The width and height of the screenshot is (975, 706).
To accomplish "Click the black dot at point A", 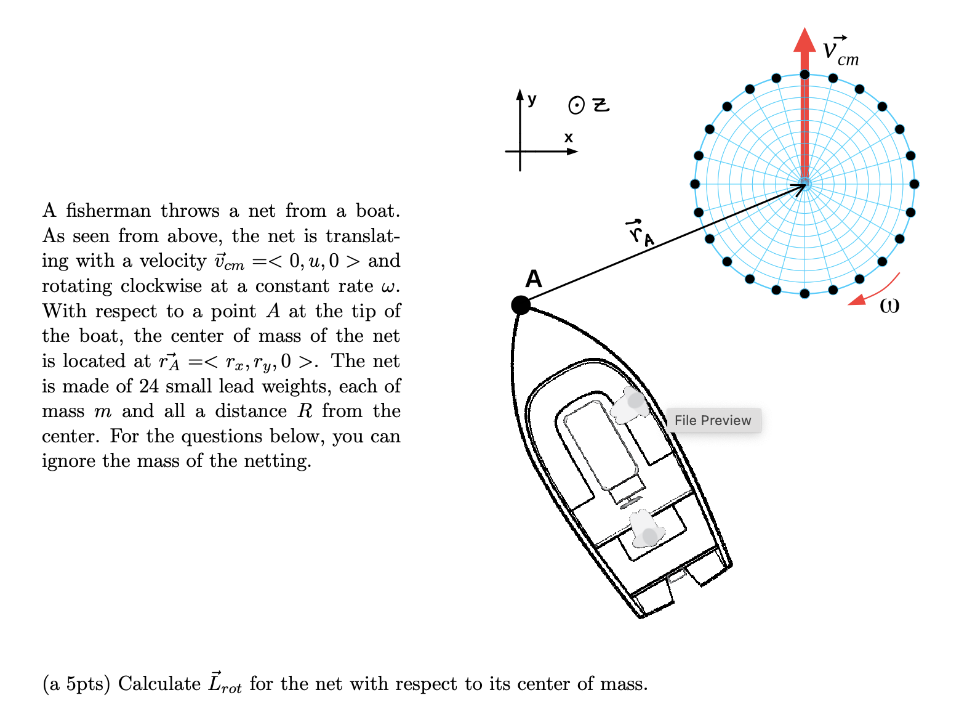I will (x=521, y=304).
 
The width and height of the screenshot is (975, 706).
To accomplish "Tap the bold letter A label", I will (x=534, y=279).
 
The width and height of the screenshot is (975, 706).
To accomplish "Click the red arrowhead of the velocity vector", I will (x=804, y=41).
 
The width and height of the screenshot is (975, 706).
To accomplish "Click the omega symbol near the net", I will (x=889, y=305).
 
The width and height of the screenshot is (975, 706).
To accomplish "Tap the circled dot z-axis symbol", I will (x=576, y=106).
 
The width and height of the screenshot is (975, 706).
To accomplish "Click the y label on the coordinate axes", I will (x=532, y=99).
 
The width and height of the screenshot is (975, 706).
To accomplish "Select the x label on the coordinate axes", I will (x=568, y=137).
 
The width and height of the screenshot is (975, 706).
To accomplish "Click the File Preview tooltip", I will (x=713, y=420).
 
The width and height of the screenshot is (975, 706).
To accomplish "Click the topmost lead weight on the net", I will (x=804, y=75).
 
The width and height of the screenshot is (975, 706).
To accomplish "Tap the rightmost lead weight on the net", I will (x=914, y=184).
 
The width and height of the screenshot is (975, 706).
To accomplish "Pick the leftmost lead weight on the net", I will (x=695, y=184).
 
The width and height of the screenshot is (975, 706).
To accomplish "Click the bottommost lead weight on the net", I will (x=804, y=293).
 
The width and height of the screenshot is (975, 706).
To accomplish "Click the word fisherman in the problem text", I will (x=108, y=211).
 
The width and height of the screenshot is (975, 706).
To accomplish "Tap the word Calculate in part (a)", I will (x=159, y=684).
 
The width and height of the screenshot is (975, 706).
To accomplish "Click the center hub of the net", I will (x=804, y=184).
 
